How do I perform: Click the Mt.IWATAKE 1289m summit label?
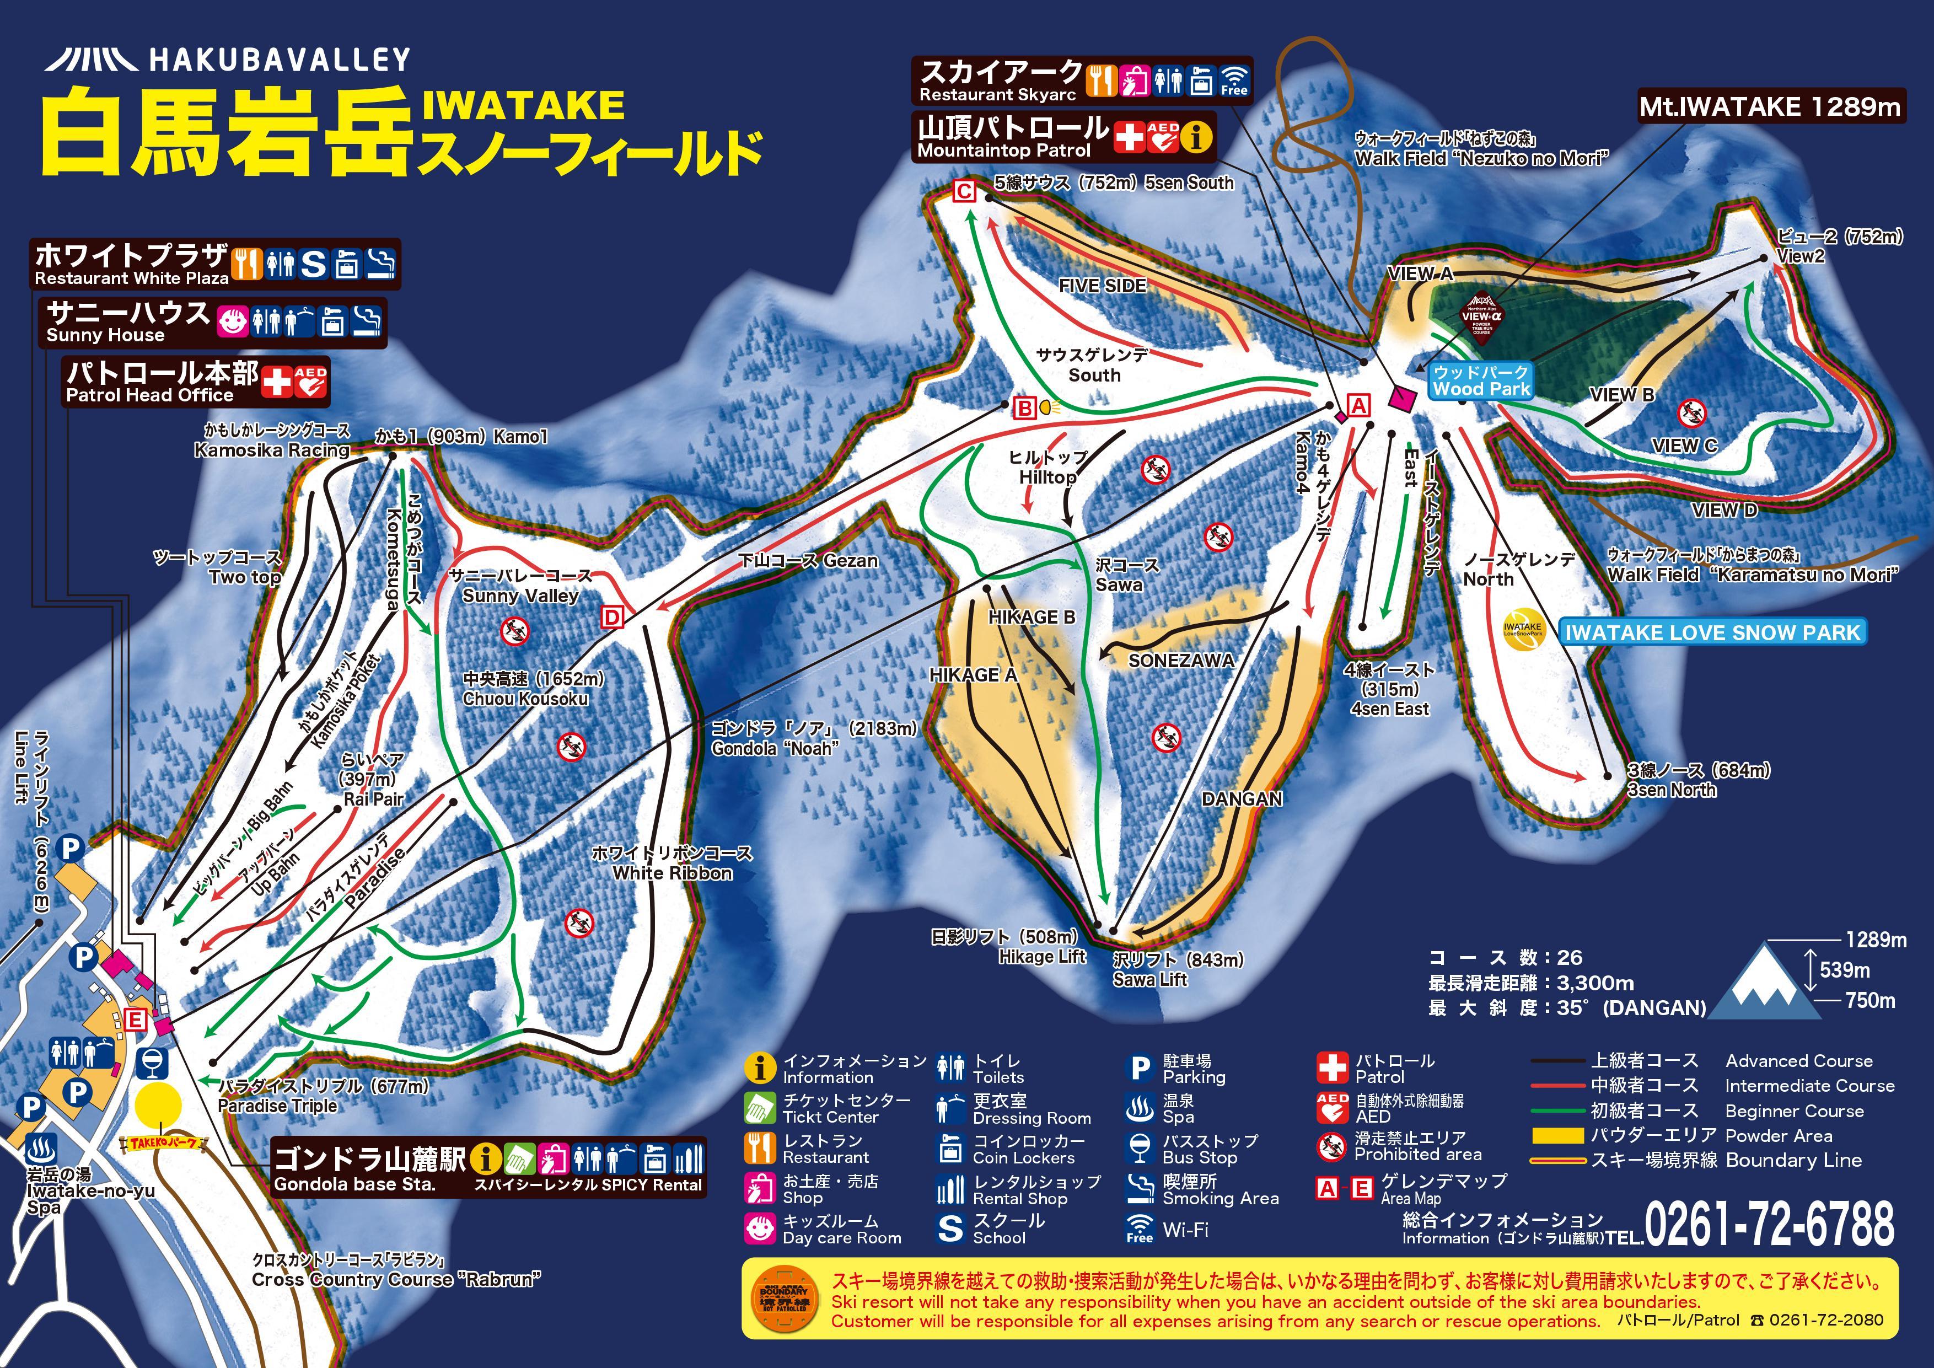pos(1771,107)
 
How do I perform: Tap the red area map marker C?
pos(964,191)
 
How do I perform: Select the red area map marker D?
pos(611,618)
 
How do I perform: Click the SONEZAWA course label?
pos(1181,661)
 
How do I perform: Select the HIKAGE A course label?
pos(973,675)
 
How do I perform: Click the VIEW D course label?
pos(1725,509)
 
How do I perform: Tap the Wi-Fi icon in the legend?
pos(1139,1229)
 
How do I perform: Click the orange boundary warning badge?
pos(783,1299)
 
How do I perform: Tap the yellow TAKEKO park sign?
pos(163,1143)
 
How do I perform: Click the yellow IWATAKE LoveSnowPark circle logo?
pos(1522,629)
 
